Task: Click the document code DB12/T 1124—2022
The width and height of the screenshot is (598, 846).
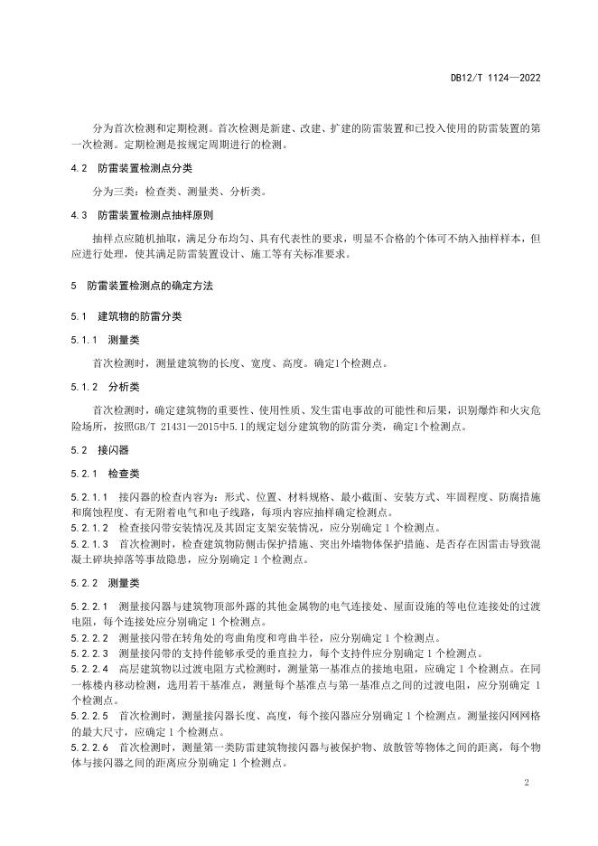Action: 496,79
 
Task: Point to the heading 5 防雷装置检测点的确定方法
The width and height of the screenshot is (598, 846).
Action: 142,286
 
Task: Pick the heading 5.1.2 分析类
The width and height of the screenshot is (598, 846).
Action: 105,386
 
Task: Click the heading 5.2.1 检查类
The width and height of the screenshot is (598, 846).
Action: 105,473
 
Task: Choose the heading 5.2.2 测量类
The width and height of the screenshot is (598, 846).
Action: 105,582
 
